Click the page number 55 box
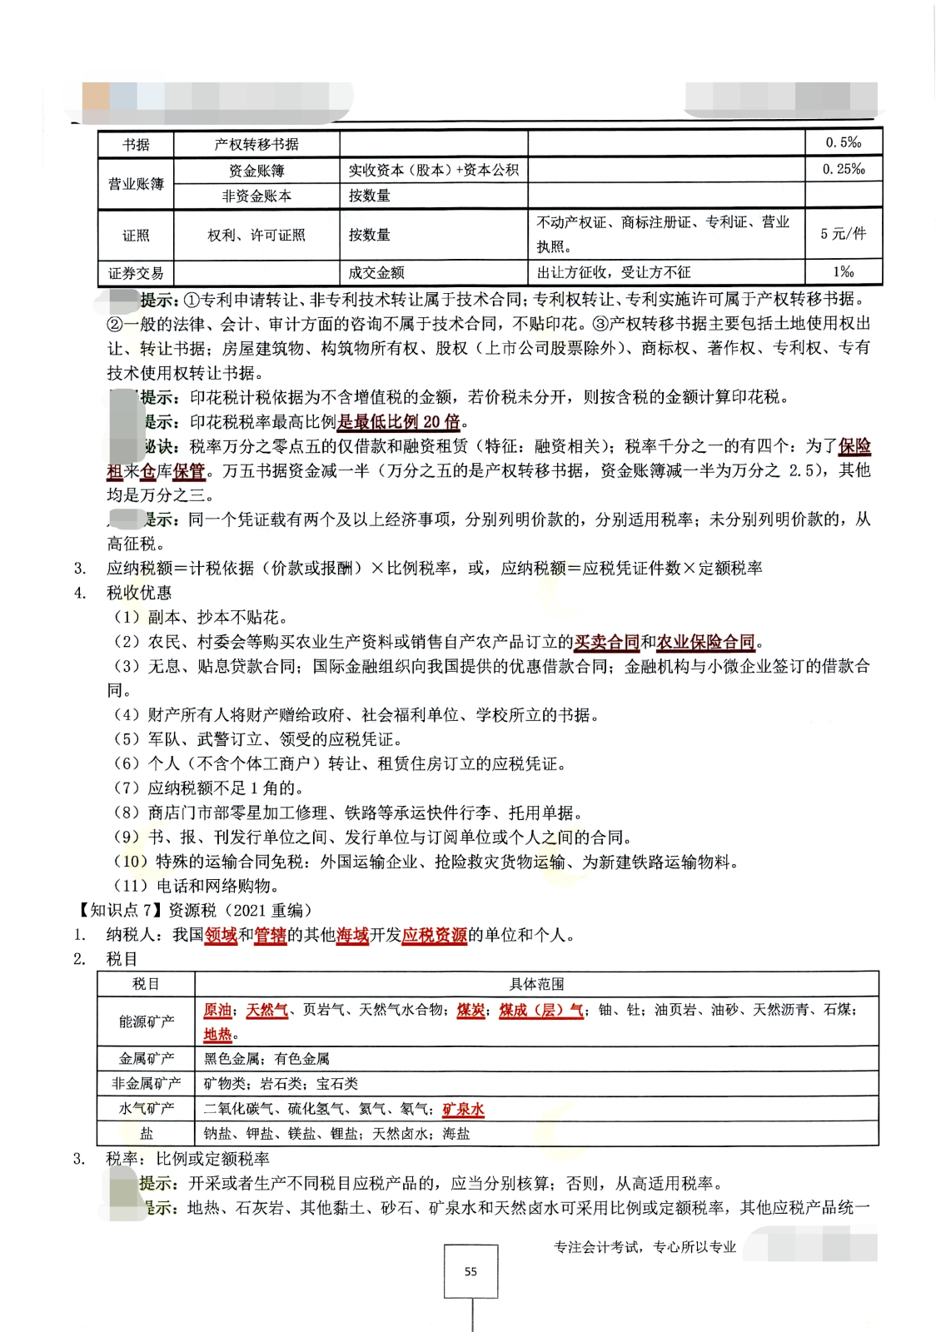[x=470, y=1271]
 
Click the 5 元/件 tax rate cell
[x=843, y=234]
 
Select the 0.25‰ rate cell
[x=843, y=169]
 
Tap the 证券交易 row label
[x=136, y=273]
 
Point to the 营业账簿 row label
[x=136, y=183]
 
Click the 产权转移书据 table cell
[x=256, y=144]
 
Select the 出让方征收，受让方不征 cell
[x=614, y=272]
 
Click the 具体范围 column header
[x=536, y=984]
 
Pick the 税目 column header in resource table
[x=146, y=984]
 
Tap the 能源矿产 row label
[x=146, y=1021]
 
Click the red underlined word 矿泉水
[x=463, y=1109]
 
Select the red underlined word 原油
[x=217, y=1010]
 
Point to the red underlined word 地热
[x=217, y=1034]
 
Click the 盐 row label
[x=146, y=1133]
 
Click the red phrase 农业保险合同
[x=705, y=642]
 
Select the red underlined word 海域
[x=352, y=935]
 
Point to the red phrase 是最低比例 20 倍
[x=398, y=422]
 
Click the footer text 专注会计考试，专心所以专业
[x=645, y=1247]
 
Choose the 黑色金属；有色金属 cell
[x=266, y=1059]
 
